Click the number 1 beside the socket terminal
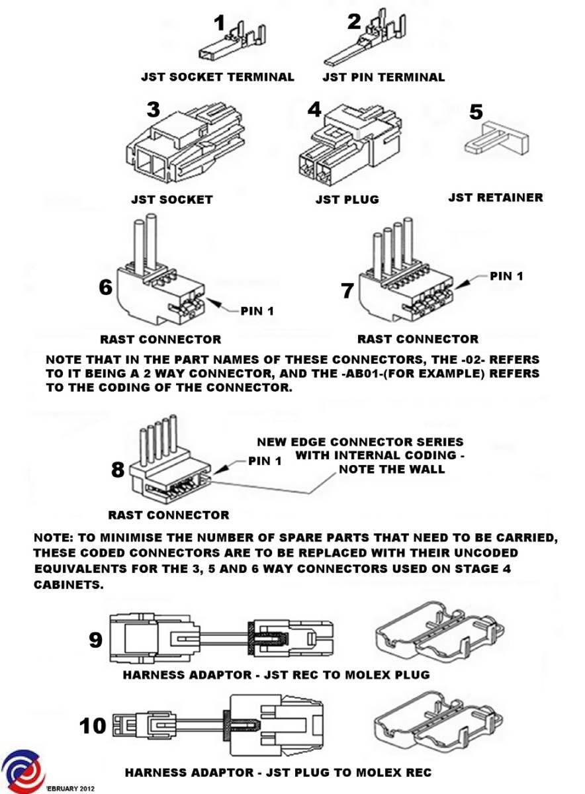[220, 24]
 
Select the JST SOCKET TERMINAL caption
[217, 77]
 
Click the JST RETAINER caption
[495, 197]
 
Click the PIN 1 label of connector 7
[506, 275]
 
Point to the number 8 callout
[118, 470]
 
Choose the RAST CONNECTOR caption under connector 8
[169, 515]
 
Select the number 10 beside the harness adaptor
[93, 725]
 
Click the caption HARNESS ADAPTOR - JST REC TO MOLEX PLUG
[276, 675]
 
